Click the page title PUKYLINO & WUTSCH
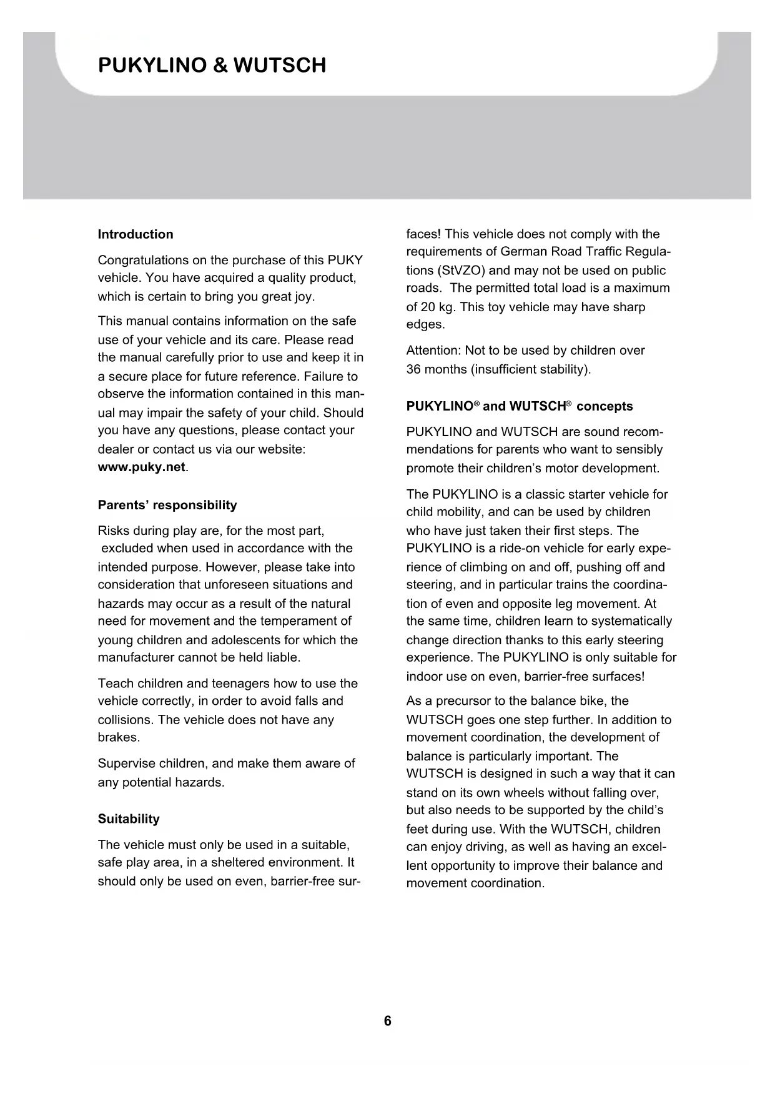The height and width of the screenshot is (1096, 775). [x=212, y=66]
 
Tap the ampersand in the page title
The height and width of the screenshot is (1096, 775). [x=220, y=66]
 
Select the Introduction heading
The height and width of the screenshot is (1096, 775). [x=136, y=234]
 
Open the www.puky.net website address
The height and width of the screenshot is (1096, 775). [x=142, y=467]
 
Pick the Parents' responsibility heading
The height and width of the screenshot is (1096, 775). [x=167, y=505]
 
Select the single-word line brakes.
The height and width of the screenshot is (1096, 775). [x=119, y=737]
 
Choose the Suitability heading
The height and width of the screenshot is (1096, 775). [x=129, y=819]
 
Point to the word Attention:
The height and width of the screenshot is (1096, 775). [x=433, y=351]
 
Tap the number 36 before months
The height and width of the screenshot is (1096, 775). [x=413, y=369]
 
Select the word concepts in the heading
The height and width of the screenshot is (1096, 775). [x=605, y=406]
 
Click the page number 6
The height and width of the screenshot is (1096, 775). [x=388, y=1021]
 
